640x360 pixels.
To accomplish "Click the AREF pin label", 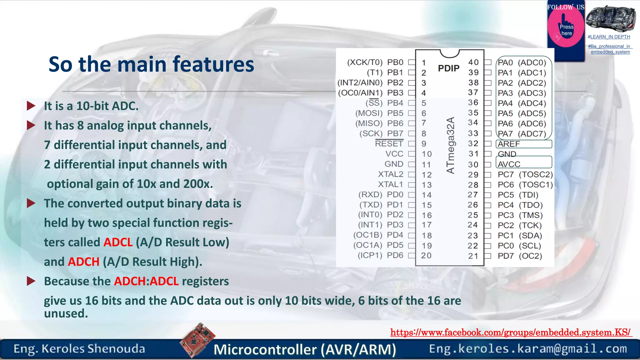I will tap(509, 144).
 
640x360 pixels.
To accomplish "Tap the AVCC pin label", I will tap(509, 164).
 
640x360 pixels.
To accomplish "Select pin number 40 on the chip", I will tap(473, 62).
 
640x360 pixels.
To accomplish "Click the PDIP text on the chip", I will tap(448, 68).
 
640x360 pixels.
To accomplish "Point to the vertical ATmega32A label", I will tap(450, 145).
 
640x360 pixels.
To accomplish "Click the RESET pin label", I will tap(389, 144).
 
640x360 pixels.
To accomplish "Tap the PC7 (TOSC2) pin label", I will tap(525, 174).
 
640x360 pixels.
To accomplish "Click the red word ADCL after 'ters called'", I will tap(118, 242).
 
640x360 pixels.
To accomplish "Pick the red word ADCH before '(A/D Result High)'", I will tap(84, 262).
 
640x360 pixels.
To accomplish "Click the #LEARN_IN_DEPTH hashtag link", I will tap(609, 37).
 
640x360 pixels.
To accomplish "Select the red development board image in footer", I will tap(197, 340).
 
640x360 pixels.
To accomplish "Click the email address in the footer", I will tap(528, 349).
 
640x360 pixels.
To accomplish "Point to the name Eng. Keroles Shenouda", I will tap(79, 349).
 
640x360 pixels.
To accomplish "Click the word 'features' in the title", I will tap(213, 64).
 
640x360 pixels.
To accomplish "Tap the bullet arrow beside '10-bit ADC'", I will tap(31, 106).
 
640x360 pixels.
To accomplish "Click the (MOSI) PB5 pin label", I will tap(379, 113).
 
